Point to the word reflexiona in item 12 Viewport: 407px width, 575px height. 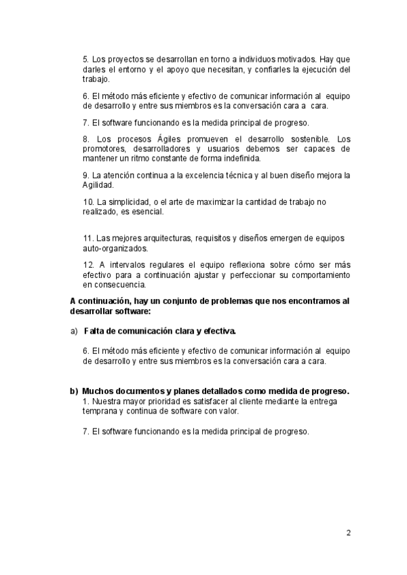pyautogui.click(x=222, y=265)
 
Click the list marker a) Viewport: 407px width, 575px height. pyautogui.click(x=74, y=332)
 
